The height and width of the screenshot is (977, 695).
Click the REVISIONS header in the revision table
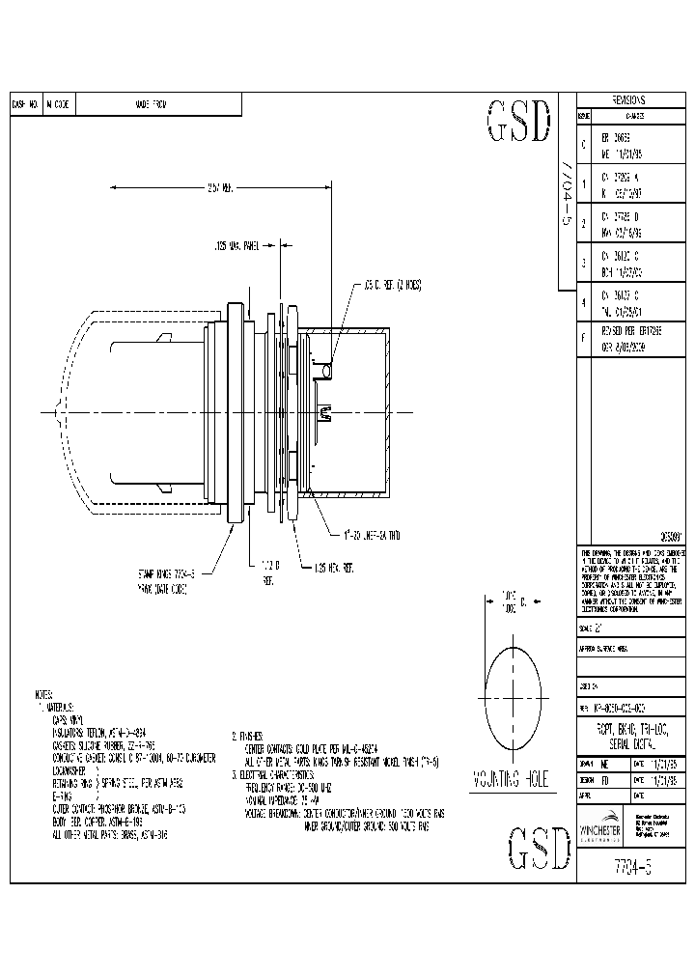[628, 100]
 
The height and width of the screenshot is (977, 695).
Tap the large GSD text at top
[518, 123]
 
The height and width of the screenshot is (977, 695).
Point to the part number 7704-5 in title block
[628, 864]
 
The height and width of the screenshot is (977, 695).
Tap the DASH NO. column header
[25, 104]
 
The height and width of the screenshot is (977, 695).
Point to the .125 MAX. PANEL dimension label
[237, 246]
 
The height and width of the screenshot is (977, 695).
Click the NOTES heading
[44, 694]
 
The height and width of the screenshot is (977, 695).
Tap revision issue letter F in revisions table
[582, 337]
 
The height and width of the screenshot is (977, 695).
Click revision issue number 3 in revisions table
[582, 262]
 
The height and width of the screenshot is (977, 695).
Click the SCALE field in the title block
[591, 627]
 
